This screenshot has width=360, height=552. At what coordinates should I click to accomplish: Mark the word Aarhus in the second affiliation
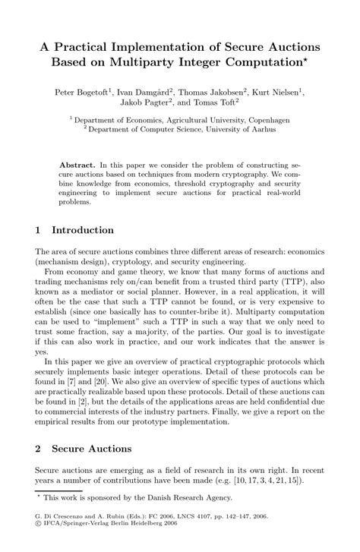tap(262, 129)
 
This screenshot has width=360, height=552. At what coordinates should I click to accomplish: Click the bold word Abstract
tap(77, 164)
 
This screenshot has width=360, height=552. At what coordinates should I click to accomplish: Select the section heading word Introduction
tap(82, 230)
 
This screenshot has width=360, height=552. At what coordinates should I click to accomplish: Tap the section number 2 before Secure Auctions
tap(38, 449)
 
